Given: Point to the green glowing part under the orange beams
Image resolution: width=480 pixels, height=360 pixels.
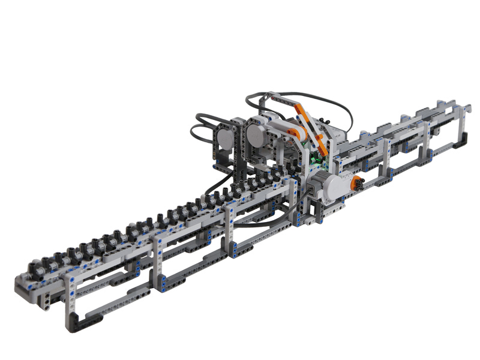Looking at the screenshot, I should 314,160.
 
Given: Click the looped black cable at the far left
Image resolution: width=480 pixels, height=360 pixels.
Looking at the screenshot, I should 198,129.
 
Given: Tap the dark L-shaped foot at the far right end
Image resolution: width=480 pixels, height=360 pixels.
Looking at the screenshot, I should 458,144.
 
